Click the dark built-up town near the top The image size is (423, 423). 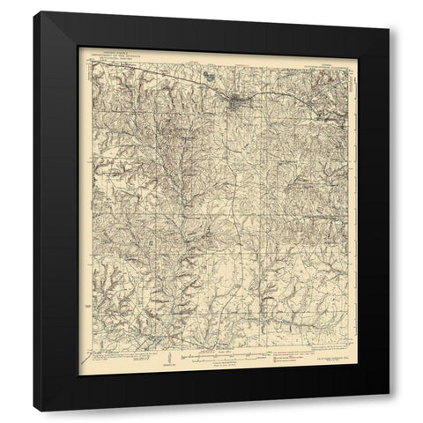click(235, 105)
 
